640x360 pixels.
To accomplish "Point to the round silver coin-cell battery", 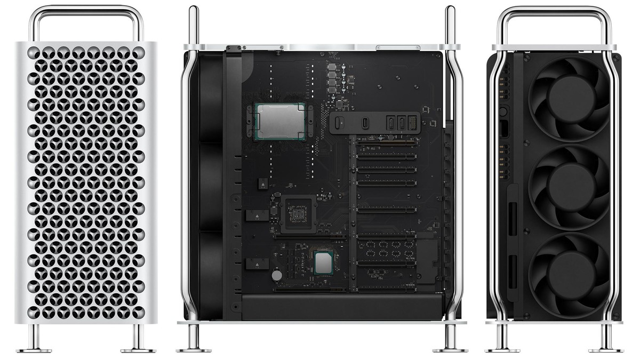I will pos(277,275).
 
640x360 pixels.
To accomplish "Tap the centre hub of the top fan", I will pos(570,98).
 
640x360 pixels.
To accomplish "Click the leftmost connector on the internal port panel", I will pos(337,123).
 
